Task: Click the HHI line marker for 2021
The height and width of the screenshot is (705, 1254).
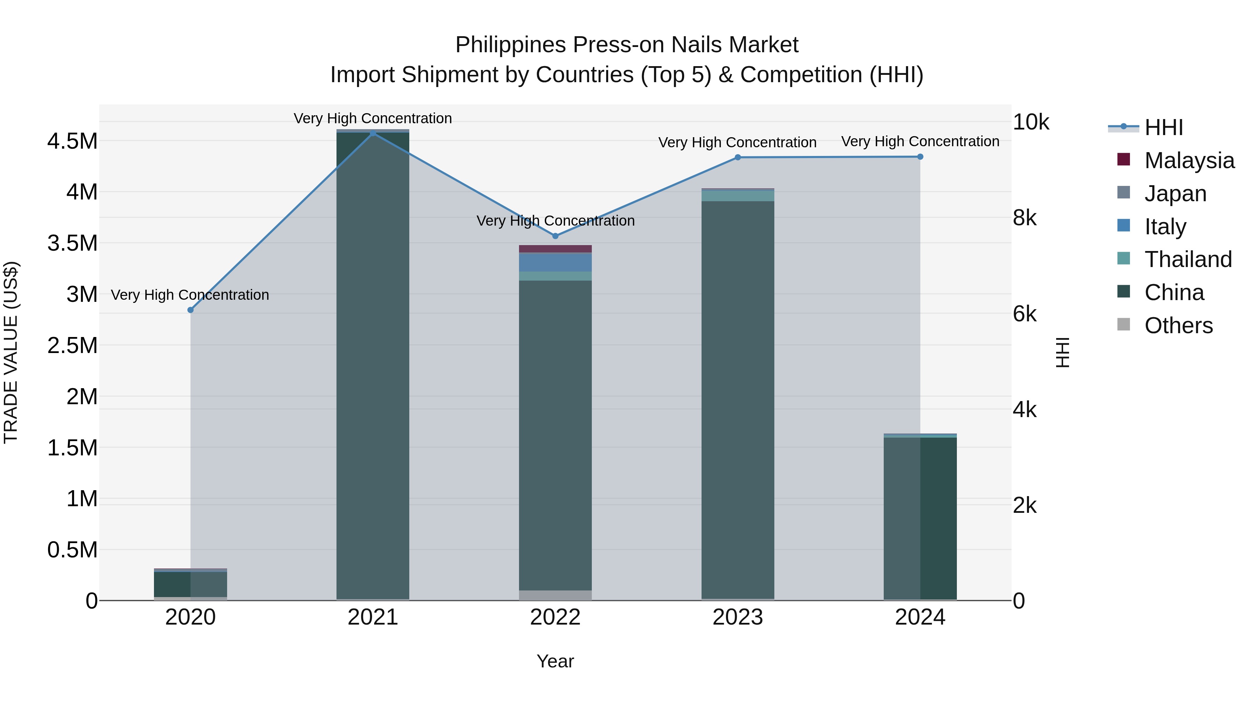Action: pyautogui.click(x=373, y=133)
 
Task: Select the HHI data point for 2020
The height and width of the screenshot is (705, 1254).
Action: pyautogui.click(x=190, y=310)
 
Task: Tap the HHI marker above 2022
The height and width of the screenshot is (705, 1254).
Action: pyautogui.click(x=556, y=236)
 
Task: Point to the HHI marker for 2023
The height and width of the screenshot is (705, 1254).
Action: pyautogui.click(x=737, y=157)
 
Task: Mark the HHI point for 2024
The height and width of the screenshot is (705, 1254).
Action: pyautogui.click(x=920, y=157)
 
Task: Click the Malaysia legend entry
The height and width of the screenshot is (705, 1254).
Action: pyautogui.click(x=1189, y=160)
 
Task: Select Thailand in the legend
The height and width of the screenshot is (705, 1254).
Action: pyautogui.click(x=1188, y=259)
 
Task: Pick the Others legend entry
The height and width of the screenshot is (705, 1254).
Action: pyautogui.click(x=1178, y=326)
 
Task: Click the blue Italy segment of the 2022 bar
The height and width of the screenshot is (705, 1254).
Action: pyautogui.click(x=556, y=262)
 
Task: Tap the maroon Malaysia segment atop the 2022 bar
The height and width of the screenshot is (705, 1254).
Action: pyautogui.click(x=556, y=249)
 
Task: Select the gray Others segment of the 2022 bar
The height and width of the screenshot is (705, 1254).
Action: pyautogui.click(x=556, y=595)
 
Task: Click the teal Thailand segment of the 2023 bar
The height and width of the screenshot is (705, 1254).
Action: pyautogui.click(x=737, y=196)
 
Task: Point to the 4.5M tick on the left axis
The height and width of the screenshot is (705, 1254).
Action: pyautogui.click(x=72, y=142)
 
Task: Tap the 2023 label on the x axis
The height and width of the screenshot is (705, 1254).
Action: pyautogui.click(x=737, y=617)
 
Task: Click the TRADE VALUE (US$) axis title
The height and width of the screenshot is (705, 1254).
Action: pyautogui.click(x=11, y=352)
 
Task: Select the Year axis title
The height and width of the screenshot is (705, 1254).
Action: pyautogui.click(x=555, y=661)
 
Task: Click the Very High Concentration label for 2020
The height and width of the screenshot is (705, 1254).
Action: pyautogui.click(x=190, y=295)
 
